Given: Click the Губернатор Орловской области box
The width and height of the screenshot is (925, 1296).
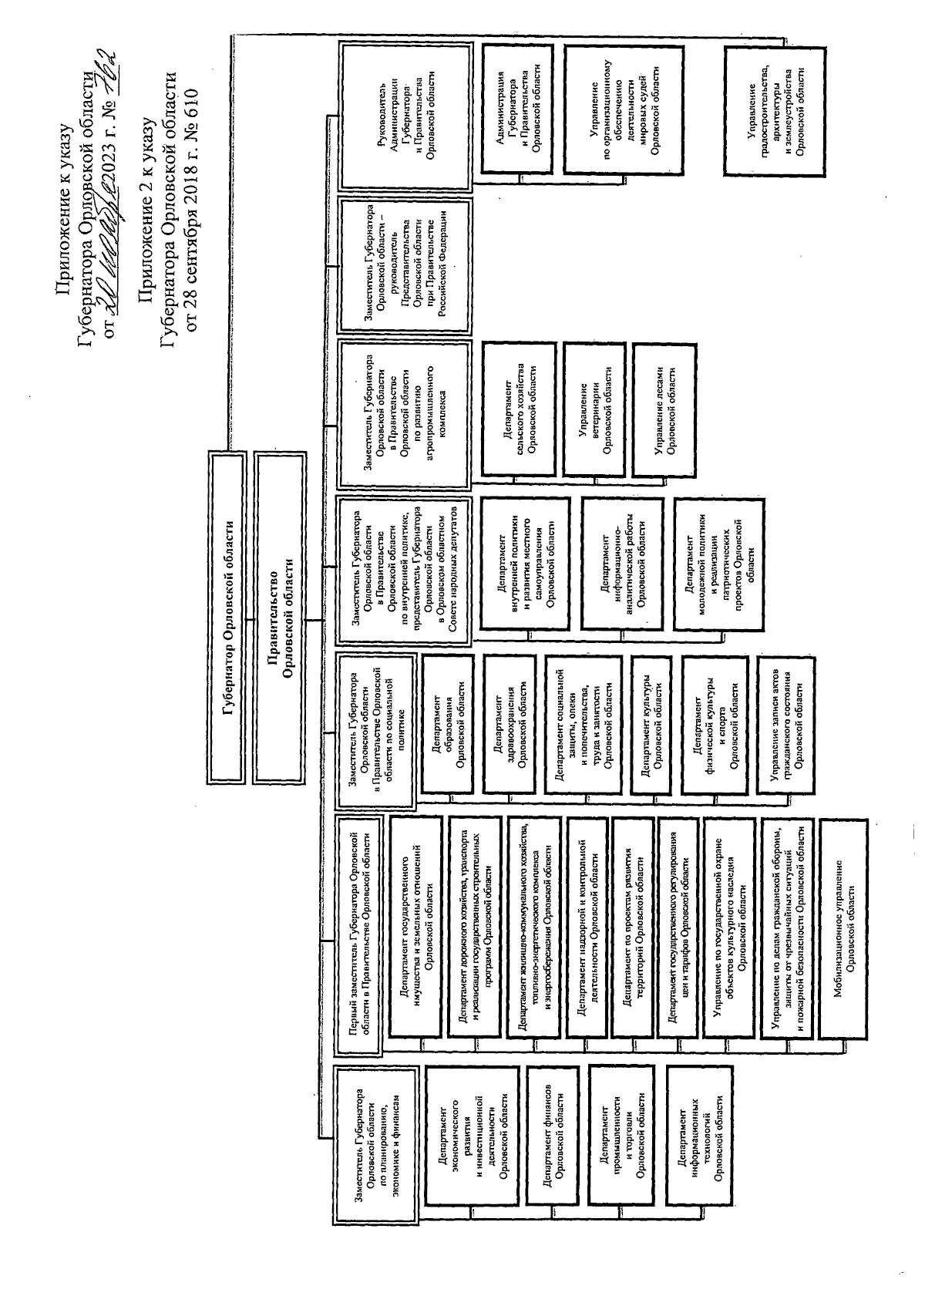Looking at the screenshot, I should (228, 619).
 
